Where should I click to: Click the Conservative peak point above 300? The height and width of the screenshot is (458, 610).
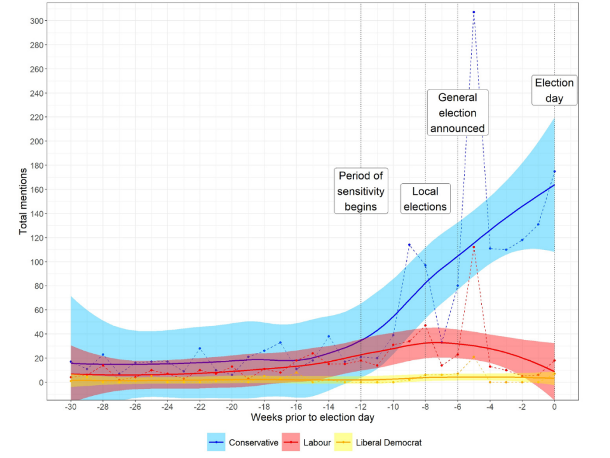coord(474,12)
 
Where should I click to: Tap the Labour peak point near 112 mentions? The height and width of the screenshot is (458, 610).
coord(474,247)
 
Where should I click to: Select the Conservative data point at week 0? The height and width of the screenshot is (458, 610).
coord(555,171)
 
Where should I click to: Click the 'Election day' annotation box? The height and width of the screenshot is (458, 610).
coord(554,91)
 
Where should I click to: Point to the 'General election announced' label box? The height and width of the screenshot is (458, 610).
coord(457,113)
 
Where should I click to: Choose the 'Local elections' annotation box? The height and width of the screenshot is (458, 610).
coord(425,199)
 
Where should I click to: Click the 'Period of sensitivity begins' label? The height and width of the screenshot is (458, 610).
coord(360,191)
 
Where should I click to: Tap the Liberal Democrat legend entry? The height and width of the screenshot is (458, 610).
coord(378,442)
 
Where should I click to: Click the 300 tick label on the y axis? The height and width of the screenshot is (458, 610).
coord(36,21)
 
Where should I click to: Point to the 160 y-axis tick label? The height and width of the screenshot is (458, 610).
coord(36,190)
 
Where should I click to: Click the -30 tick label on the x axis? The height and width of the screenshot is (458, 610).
coord(70,407)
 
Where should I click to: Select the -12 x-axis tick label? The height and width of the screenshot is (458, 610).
coord(360,407)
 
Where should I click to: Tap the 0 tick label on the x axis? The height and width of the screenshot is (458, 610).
coord(555,407)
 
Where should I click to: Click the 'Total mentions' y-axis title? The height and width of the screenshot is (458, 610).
coord(23,202)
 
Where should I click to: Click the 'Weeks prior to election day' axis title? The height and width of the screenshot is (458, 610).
coord(312,417)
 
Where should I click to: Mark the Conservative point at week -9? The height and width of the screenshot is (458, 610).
coord(409,245)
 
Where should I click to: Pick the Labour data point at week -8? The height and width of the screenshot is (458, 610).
coord(425,326)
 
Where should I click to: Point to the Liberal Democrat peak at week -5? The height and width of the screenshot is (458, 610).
coord(474,357)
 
